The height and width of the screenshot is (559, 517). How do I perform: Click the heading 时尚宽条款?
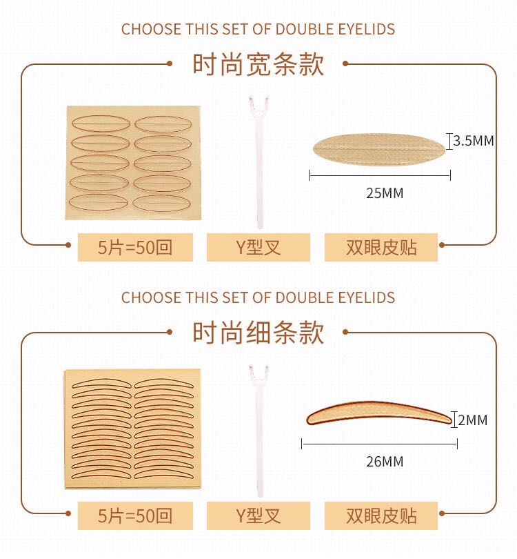click(258, 65)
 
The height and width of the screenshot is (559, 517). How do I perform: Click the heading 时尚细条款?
click(258, 333)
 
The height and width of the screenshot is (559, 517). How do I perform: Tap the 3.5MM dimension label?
click(473, 141)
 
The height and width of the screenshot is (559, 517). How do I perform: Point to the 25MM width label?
click(384, 193)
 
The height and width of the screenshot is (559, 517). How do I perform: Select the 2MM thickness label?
click(472, 420)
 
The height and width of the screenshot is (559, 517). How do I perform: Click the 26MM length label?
click(384, 462)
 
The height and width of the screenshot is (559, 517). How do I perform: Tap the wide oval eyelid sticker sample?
click(380, 147)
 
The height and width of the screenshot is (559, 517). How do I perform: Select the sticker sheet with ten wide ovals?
click(131, 163)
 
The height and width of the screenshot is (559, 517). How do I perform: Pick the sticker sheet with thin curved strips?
click(130, 429)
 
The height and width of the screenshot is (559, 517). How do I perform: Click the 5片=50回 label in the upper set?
click(135, 247)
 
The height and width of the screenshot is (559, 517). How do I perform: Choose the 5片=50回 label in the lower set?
click(135, 516)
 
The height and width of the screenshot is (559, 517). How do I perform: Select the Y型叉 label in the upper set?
click(258, 247)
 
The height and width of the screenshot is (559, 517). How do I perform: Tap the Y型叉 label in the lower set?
click(258, 516)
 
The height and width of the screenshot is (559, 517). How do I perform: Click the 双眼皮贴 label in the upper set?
click(381, 247)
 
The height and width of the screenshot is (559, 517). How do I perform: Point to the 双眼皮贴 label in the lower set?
click(381, 516)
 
